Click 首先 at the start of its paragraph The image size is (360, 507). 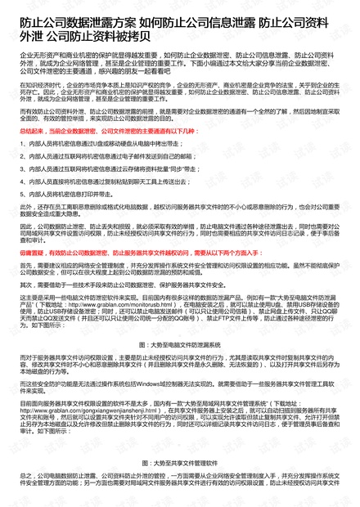click(x=25, y=265)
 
